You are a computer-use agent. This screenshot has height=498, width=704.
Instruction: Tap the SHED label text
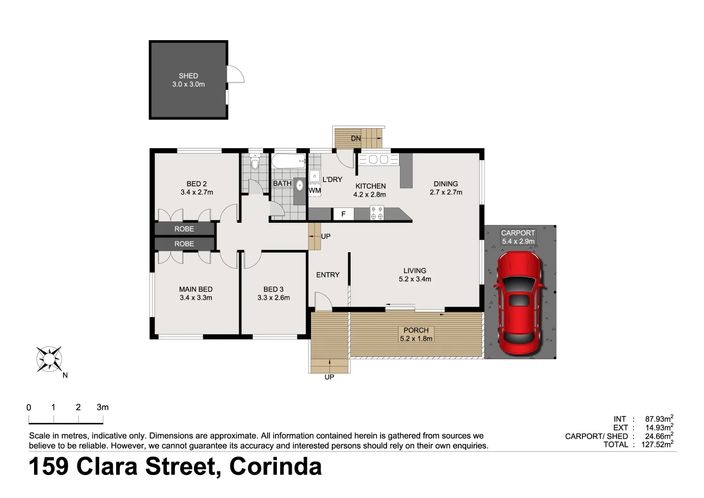[188, 76]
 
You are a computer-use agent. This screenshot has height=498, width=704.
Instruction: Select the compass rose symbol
[49, 359]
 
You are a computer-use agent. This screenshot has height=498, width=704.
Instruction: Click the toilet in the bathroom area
[255, 162]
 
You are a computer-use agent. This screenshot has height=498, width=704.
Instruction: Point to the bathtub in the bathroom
[288, 161]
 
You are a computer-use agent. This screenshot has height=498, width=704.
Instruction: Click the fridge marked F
[343, 214]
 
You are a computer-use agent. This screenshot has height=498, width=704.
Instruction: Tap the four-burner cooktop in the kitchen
[377, 213]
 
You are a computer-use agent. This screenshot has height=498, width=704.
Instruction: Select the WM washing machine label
[315, 190]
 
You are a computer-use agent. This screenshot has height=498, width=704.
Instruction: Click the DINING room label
[446, 184]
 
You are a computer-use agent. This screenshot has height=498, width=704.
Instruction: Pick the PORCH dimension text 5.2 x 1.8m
[416, 338]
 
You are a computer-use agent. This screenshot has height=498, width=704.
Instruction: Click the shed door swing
[235, 74]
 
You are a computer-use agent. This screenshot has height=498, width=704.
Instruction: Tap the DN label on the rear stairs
[356, 138]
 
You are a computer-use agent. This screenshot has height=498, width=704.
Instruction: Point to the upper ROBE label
[184, 229]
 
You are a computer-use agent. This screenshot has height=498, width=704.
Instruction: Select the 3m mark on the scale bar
[103, 407]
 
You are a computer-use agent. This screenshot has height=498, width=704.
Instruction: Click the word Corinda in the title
[276, 466]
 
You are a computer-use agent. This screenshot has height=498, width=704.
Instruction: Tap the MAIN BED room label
[196, 289]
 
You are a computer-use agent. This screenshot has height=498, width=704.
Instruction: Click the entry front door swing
[323, 301]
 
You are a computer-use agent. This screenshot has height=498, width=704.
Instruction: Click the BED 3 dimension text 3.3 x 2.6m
[274, 297]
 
